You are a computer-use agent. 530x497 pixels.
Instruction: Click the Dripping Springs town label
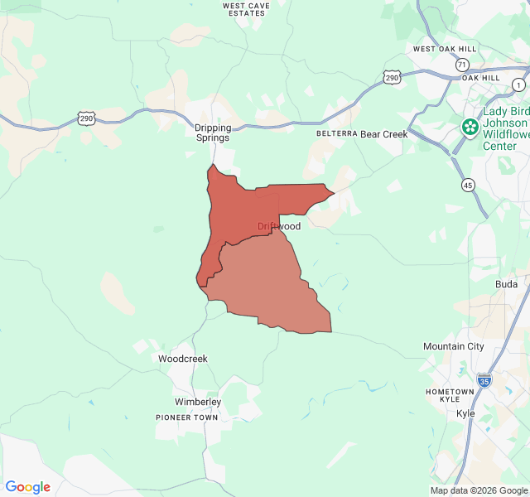click(x=213, y=133)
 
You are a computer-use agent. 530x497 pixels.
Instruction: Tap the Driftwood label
click(x=278, y=226)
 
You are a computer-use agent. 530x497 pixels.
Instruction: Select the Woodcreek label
click(x=183, y=359)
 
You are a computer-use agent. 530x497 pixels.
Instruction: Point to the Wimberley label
click(x=198, y=402)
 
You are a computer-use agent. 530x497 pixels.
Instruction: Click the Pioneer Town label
click(x=187, y=417)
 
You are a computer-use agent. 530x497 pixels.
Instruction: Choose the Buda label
click(x=506, y=284)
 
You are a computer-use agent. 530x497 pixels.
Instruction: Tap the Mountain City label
click(x=453, y=346)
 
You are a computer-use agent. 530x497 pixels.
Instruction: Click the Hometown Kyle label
click(x=450, y=395)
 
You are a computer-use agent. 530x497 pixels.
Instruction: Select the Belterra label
click(x=336, y=133)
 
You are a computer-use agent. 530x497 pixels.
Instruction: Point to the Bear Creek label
click(x=384, y=133)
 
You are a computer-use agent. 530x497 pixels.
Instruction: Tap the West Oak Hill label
click(x=446, y=49)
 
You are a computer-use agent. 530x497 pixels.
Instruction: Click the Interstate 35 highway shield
click(x=484, y=380)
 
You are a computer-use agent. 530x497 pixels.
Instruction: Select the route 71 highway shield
click(x=462, y=65)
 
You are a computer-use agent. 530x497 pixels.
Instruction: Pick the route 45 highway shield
click(x=469, y=186)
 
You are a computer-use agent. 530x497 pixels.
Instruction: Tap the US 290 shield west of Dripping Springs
click(x=87, y=119)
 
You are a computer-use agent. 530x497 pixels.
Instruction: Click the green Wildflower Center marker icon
click(x=470, y=127)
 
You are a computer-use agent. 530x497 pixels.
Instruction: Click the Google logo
click(x=27, y=487)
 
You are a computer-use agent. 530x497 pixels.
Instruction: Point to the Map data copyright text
click(x=478, y=490)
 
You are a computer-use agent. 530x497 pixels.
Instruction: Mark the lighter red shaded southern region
click(x=265, y=290)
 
